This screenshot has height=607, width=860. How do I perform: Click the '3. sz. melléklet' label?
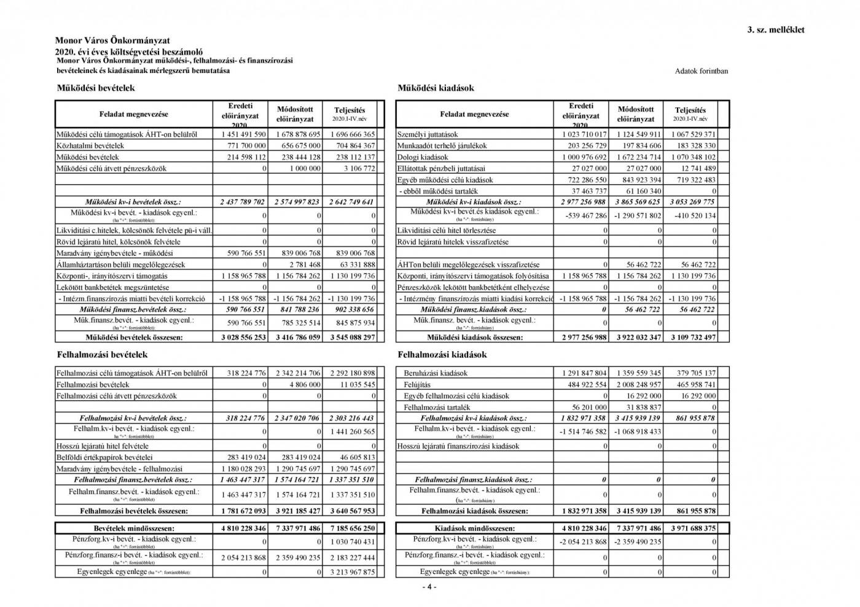coord(775,29)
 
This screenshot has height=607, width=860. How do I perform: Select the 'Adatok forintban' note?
coord(701,71)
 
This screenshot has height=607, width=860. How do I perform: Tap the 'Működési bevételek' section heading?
coord(95,88)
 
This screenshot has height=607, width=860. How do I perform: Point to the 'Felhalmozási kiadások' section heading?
coord(442,354)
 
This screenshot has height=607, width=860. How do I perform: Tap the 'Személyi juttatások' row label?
coord(428,134)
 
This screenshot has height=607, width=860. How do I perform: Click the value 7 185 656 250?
coord(352,528)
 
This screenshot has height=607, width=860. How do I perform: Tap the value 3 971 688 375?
coord(694,528)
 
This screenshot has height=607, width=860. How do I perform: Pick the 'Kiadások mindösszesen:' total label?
coord(474,528)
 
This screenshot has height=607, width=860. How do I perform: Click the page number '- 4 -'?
coord(429,586)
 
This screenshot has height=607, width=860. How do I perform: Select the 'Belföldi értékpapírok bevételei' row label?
coord(104,457)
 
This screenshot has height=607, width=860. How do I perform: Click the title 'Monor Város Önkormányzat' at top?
coord(112,41)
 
